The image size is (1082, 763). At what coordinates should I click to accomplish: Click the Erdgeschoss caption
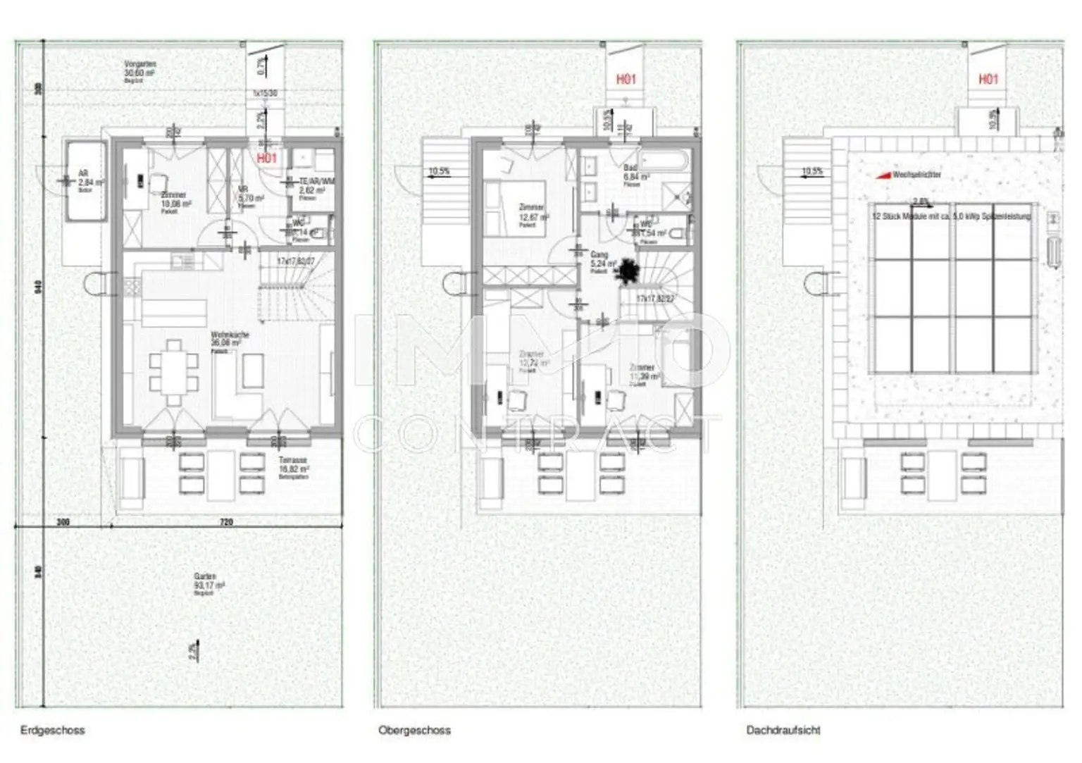52,731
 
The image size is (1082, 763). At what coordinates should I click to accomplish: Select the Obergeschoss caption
414,731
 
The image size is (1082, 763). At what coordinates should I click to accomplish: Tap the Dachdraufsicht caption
783,731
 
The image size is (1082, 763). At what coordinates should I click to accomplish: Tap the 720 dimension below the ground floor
225,523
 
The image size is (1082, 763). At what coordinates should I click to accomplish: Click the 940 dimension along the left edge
39,287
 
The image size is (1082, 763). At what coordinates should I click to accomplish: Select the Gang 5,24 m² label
599,261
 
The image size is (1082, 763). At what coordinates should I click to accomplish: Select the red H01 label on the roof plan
988,79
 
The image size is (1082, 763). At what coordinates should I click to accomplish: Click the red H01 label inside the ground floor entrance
267,159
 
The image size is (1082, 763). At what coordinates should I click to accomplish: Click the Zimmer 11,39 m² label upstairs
643,373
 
